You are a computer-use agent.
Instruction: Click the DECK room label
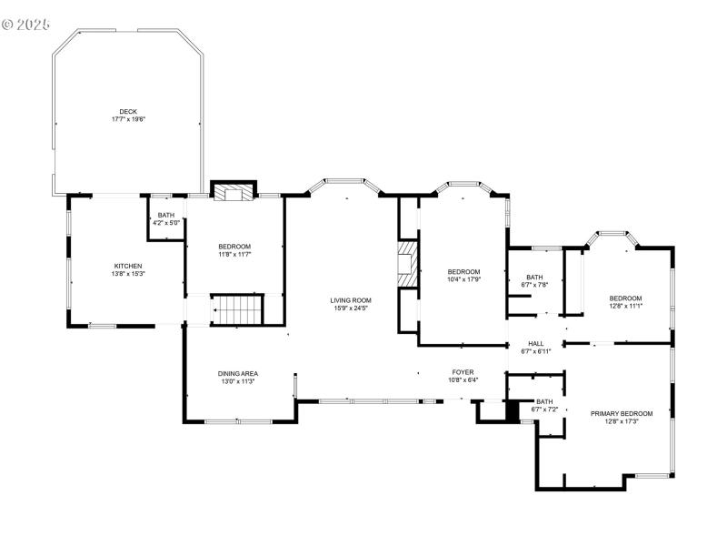coord(128,111)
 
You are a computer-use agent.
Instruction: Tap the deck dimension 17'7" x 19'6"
coord(128,119)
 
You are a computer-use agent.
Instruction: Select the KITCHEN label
coord(128,266)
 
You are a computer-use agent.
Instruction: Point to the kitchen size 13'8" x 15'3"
coord(128,274)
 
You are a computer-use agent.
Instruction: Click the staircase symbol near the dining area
coord(237,309)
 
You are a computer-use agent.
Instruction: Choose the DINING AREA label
coord(237,373)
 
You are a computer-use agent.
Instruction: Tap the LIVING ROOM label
coord(350,299)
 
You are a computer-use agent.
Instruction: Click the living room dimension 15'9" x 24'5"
coord(350,308)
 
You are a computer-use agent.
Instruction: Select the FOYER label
coord(463,372)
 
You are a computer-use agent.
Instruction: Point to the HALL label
coord(536,343)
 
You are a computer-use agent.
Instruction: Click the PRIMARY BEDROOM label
coord(622,413)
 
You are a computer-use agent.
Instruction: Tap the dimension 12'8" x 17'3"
coord(622,421)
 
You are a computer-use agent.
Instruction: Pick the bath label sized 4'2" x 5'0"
coord(165,215)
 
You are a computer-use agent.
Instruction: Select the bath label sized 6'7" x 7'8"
coord(534,277)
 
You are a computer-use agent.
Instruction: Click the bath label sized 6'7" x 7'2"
coord(543,401)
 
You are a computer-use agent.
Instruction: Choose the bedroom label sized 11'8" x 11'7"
coord(234,247)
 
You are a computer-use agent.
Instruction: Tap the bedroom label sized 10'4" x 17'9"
coord(463,271)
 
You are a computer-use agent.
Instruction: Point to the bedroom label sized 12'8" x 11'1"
coord(625,298)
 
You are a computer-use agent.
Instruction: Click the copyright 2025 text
coord(27,24)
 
